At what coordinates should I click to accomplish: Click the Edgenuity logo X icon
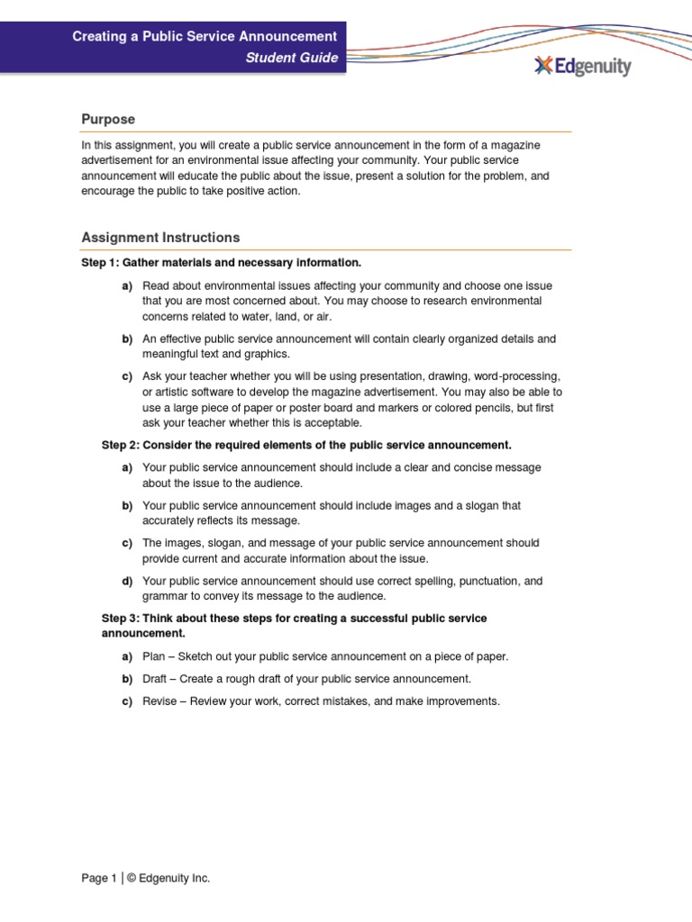(x=542, y=66)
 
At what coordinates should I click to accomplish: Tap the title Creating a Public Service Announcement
(x=205, y=36)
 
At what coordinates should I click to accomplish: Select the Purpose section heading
(x=108, y=119)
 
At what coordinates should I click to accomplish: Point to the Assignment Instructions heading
(x=160, y=238)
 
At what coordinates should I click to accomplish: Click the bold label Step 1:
(x=101, y=263)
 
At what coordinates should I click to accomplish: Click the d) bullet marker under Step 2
(x=127, y=581)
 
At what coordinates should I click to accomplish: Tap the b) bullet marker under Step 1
(x=127, y=339)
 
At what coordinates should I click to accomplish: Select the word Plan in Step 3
(x=154, y=656)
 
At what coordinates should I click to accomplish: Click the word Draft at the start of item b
(x=156, y=679)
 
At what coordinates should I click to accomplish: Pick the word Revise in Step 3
(x=159, y=701)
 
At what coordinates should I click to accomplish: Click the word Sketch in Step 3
(x=199, y=656)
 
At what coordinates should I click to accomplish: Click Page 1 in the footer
(x=99, y=878)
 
